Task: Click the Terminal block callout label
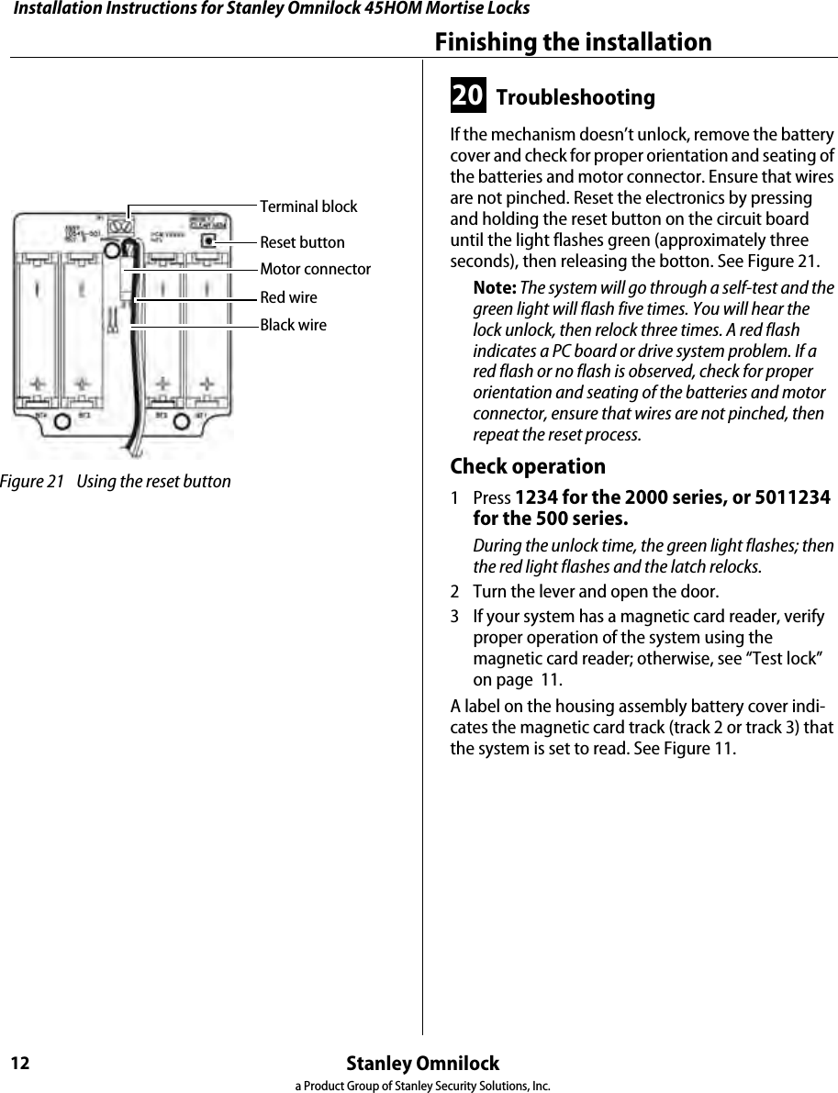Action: [x=308, y=206]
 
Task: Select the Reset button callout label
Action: [x=302, y=242]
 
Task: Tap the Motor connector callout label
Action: [x=315, y=269]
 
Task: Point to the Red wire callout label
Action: [x=288, y=297]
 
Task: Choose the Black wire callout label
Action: [x=293, y=325]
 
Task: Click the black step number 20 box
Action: [x=468, y=96]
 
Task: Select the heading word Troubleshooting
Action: [x=575, y=97]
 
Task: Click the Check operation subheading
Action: [x=528, y=466]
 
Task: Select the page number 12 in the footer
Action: [x=20, y=1064]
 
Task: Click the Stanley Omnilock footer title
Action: [x=423, y=1064]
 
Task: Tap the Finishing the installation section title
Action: [x=573, y=42]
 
